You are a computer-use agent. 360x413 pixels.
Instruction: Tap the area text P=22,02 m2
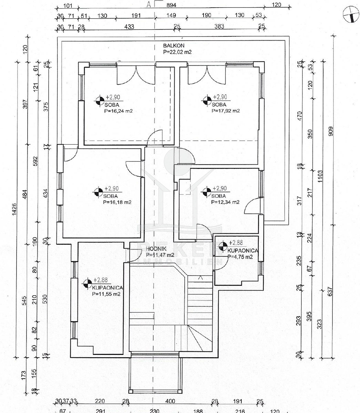coord(177,52)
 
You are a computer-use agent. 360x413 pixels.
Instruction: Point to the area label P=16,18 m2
coord(117,202)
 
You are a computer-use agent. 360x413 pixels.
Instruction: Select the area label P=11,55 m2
coord(106,294)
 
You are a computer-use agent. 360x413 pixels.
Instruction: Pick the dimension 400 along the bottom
coord(170,401)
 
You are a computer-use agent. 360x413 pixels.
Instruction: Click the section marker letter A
coord(149,4)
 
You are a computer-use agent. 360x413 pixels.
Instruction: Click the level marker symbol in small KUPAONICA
coord(223,246)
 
